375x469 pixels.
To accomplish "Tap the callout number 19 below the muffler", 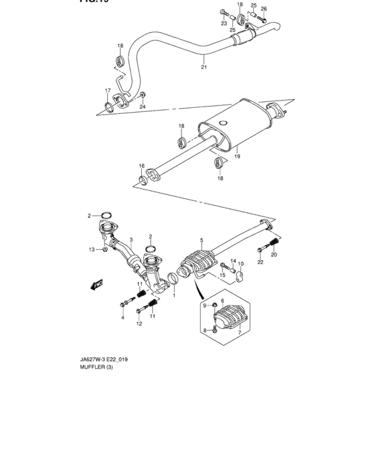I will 236,156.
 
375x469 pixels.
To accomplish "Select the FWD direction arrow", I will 98,284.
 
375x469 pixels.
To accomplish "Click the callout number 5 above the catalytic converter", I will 200,239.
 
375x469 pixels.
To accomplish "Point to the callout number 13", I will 92,249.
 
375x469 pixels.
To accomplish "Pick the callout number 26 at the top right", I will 263,9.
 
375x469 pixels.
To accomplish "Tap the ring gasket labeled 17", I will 108,106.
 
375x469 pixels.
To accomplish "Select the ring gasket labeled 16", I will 142,179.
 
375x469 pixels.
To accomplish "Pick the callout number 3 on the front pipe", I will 131,239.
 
